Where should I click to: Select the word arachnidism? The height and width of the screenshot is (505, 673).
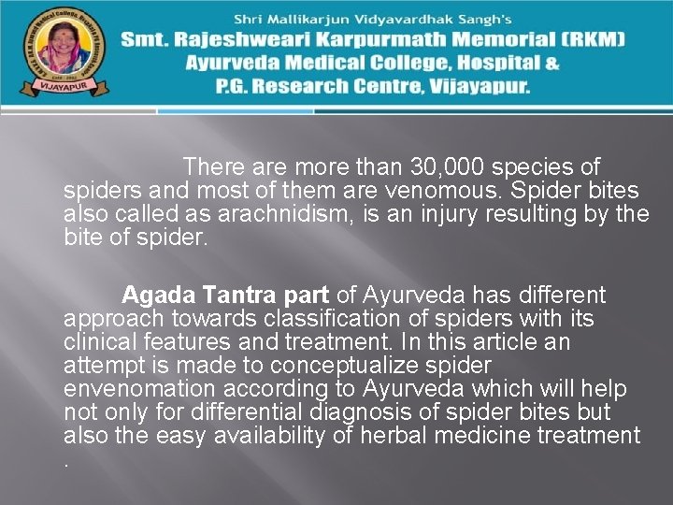273,214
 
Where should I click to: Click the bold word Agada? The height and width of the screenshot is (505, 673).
152,296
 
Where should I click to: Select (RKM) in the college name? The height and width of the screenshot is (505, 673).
594,40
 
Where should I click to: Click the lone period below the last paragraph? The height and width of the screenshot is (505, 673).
67,463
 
